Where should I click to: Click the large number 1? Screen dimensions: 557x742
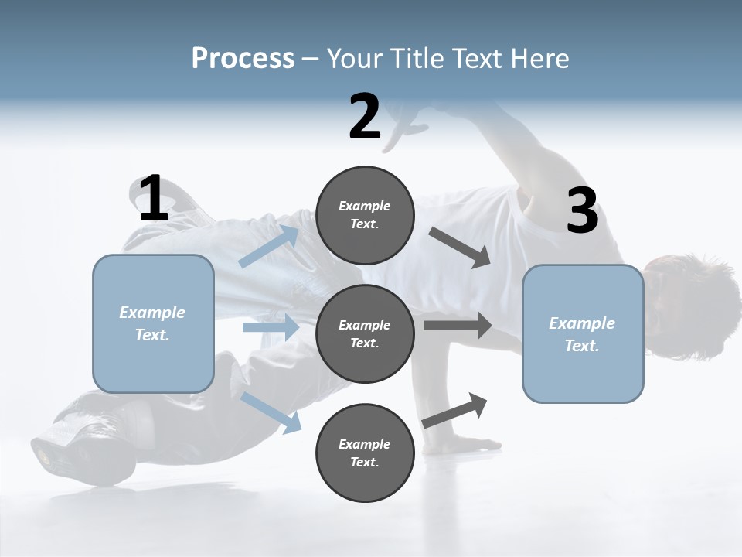(x=154, y=199)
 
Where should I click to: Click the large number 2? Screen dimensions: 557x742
(x=365, y=117)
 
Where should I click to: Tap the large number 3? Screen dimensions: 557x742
(x=582, y=211)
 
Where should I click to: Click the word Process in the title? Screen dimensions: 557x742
(x=243, y=58)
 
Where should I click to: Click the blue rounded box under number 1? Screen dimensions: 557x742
(x=153, y=323)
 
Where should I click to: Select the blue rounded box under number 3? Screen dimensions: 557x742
(x=583, y=334)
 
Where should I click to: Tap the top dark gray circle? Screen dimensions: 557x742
(x=365, y=215)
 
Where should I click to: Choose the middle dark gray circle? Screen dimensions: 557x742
(x=365, y=334)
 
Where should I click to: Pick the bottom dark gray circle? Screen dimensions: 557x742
(x=365, y=453)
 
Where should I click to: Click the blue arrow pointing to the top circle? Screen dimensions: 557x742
(x=269, y=246)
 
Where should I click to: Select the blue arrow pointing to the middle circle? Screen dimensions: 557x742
(x=271, y=327)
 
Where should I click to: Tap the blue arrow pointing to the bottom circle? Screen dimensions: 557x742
(x=271, y=412)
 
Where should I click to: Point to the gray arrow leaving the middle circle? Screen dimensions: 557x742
(x=458, y=325)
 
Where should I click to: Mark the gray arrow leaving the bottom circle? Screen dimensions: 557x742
(x=454, y=410)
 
